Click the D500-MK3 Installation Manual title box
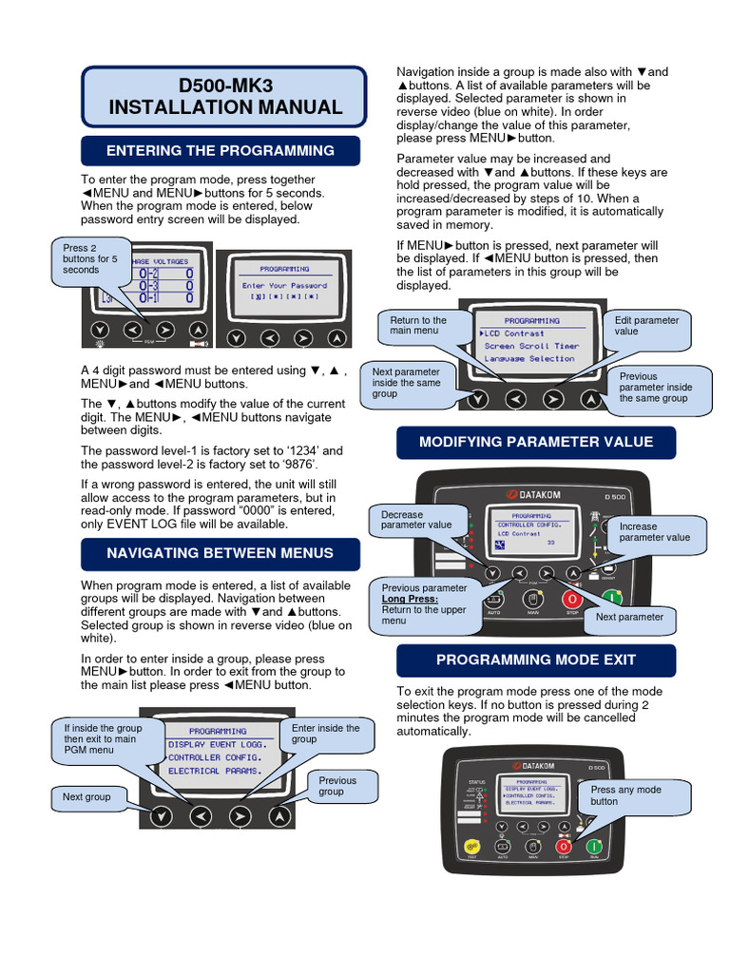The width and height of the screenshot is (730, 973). (x=224, y=97)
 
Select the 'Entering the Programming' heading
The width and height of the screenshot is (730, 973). (x=221, y=151)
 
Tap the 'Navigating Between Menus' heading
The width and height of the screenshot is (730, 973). (x=221, y=553)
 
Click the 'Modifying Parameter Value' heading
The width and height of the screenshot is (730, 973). (x=536, y=442)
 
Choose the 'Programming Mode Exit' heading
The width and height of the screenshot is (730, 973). (x=536, y=659)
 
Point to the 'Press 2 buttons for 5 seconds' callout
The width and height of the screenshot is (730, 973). (x=90, y=259)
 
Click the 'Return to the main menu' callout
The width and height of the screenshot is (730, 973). (x=418, y=326)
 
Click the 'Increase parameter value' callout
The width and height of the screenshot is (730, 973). (x=655, y=532)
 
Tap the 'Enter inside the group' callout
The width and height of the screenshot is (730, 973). (x=326, y=734)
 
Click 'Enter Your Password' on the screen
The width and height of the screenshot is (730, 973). (x=284, y=285)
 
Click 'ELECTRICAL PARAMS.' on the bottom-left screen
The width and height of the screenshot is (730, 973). (x=215, y=771)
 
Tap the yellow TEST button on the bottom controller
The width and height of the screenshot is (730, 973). (x=470, y=847)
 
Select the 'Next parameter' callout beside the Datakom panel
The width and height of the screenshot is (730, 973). (x=629, y=618)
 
